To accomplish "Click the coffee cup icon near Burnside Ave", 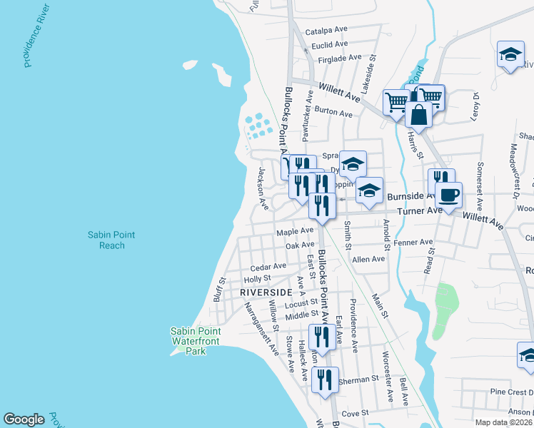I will [x=448, y=195].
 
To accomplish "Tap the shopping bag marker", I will [x=419, y=114].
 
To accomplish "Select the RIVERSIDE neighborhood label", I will [x=266, y=292].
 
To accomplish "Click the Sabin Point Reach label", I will [x=111, y=240].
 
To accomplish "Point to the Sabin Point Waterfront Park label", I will [x=195, y=341].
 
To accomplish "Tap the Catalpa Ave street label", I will [x=326, y=31].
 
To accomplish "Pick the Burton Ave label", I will [x=333, y=113].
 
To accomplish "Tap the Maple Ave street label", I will [x=295, y=231].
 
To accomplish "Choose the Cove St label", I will [x=354, y=413].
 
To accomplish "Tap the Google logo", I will [x=24, y=419].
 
